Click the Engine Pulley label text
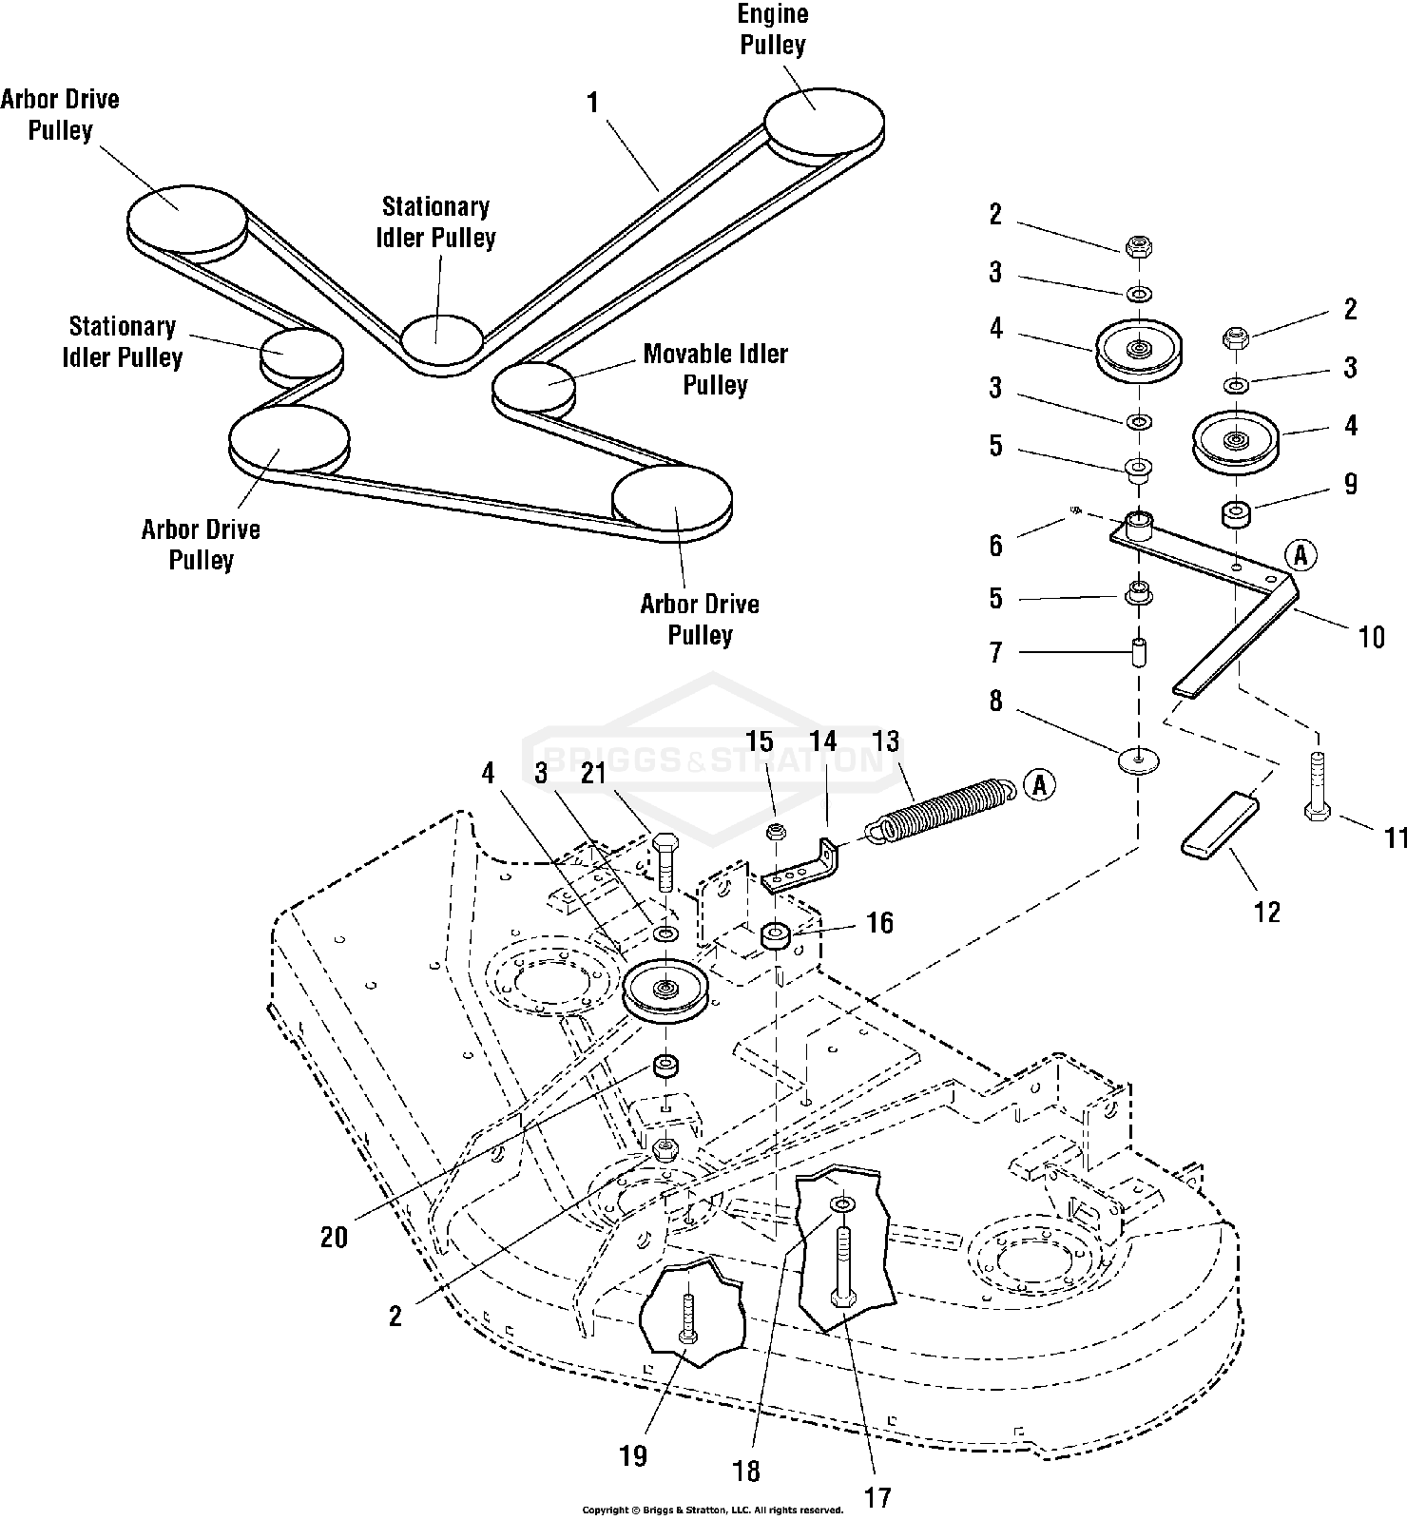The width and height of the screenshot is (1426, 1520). (x=772, y=29)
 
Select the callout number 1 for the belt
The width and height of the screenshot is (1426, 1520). (x=593, y=103)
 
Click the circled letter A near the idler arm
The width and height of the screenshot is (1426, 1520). (x=1301, y=555)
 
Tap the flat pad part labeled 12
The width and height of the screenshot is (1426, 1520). (x=1220, y=826)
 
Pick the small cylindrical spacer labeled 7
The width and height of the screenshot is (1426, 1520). (x=1137, y=655)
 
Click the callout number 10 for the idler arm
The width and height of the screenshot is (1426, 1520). (x=1372, y=636)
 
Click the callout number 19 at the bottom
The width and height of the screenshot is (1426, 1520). (x=633, y=1455)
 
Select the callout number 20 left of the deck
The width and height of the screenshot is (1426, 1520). (x=334, y=1237)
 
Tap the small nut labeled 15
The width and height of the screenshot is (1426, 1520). (x=776, y=833)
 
